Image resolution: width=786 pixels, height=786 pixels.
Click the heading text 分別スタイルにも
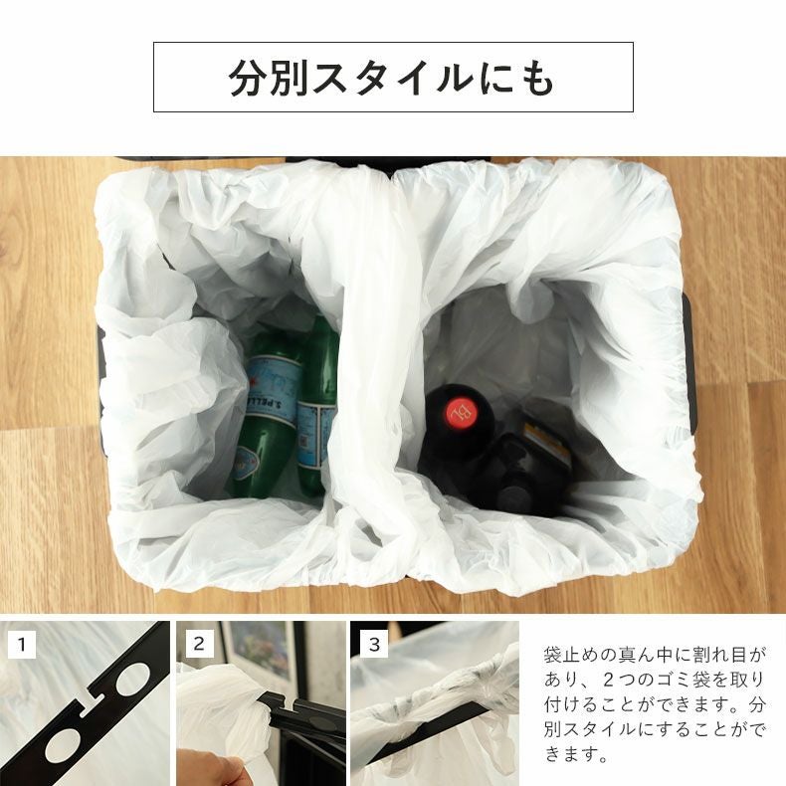392,78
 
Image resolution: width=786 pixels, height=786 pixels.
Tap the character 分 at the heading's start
247,78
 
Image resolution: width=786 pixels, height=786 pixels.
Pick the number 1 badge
23,644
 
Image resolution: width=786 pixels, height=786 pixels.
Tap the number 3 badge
373,644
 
